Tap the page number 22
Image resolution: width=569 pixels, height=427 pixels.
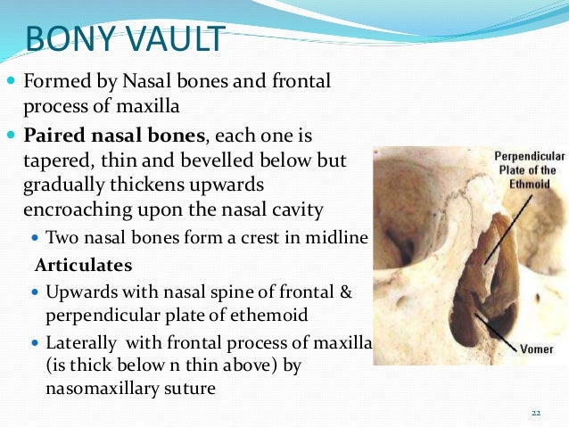535,413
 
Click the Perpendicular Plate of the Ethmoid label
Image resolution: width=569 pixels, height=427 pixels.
526,169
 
